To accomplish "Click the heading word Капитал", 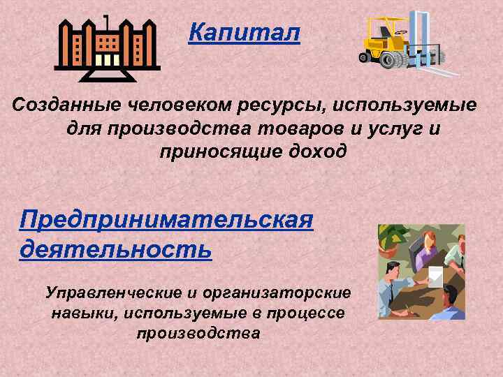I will [x=244, y=32].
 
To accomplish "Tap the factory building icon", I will [x=107, y=48].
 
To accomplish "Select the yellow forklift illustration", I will [x=407, y=43].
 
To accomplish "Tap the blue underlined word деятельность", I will [x=115, y=248].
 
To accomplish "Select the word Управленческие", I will [x=110, y=290].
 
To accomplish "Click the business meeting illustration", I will [x=421, y=272].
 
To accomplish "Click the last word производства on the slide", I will [x=198, y=333].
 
